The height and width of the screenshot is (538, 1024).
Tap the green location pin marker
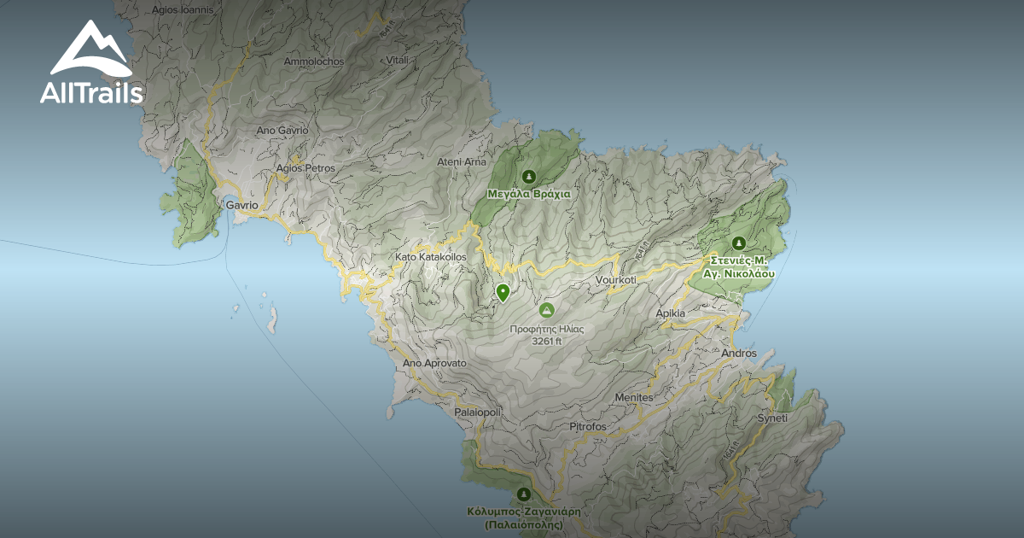coord(503,293)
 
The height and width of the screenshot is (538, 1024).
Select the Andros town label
coord(738,354)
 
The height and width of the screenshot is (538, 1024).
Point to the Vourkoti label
coord(616,280)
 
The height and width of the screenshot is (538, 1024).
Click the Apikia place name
coord(670,313)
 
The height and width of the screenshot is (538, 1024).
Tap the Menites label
coord(633,398)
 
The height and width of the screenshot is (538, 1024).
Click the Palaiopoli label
coord(478,412)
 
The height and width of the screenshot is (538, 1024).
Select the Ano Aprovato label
coord(434,363)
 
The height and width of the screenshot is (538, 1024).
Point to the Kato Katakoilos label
coord(430,256)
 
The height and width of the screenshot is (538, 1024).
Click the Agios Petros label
coord(305,168)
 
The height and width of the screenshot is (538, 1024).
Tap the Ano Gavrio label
coord(282,131)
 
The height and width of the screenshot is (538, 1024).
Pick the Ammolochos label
coord(313,62)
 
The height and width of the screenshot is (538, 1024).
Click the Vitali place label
coord(397,60)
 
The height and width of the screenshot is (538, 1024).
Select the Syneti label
coord(772,418)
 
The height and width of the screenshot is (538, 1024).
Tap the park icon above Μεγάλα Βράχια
coord(529,177)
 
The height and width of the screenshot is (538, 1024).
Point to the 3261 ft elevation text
coord(546,342)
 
